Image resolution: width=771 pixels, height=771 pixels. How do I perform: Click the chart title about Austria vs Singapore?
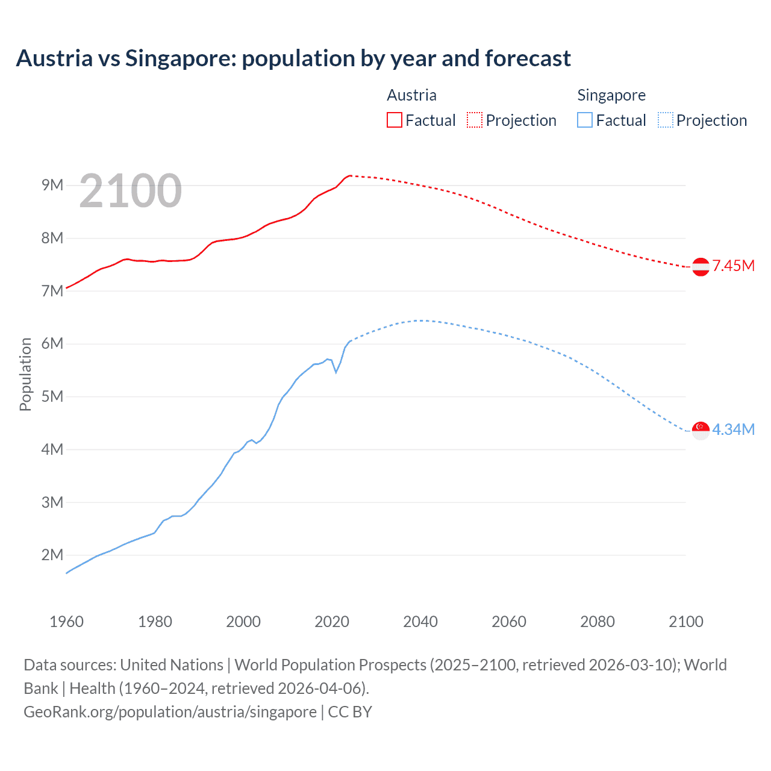pyautogui.click(x=293, y=58)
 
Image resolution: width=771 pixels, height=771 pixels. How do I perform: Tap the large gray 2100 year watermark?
pyautogui.click(x=130, y=191)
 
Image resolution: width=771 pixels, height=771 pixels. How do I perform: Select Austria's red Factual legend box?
pyautogui.click(x=394, y=120)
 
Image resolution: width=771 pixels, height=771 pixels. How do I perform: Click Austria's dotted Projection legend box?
pyautogui.click(x=475, y=120)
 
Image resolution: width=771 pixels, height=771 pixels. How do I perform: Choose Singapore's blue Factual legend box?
pyautogui.click(x=584, y=120)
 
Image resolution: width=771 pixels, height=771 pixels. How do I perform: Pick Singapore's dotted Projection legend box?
pyautogui.click(x=665, y=120)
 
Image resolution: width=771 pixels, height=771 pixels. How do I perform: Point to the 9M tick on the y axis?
pyautogui.click(x=52, y=185)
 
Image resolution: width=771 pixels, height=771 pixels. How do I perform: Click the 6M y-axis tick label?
pyautogui.click(x=52, y=343)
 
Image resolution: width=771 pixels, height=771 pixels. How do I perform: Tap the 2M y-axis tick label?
pyautogui.click(x=52, y=555)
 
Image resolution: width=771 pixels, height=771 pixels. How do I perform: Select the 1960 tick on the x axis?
pyautogui.click(x=66, y=622)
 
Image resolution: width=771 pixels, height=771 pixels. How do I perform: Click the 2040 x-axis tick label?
pyautogui.click(x=420, y=622)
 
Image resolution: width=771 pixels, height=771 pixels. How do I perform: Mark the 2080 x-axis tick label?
pyautogui.click(x=598, y=622)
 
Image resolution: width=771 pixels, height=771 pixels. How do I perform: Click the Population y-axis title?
pyautogui.click(x=25, y=374)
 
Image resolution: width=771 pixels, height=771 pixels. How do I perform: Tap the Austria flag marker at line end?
pyautogui.click(x=701, y=267)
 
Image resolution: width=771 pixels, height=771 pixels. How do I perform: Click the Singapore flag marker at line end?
pyautogui.click(x=701, y=431)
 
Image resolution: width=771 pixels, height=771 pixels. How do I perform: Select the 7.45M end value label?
pyautogui.click(x=733, y=266)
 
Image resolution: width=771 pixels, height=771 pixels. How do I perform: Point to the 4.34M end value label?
pyautogui.click(x=733, y=429)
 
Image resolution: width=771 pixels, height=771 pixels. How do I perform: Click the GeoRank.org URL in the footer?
pyautogui.click(x=170, y=712)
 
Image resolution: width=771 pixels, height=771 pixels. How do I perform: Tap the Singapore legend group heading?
pyautogui.click(x=611, y=95)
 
